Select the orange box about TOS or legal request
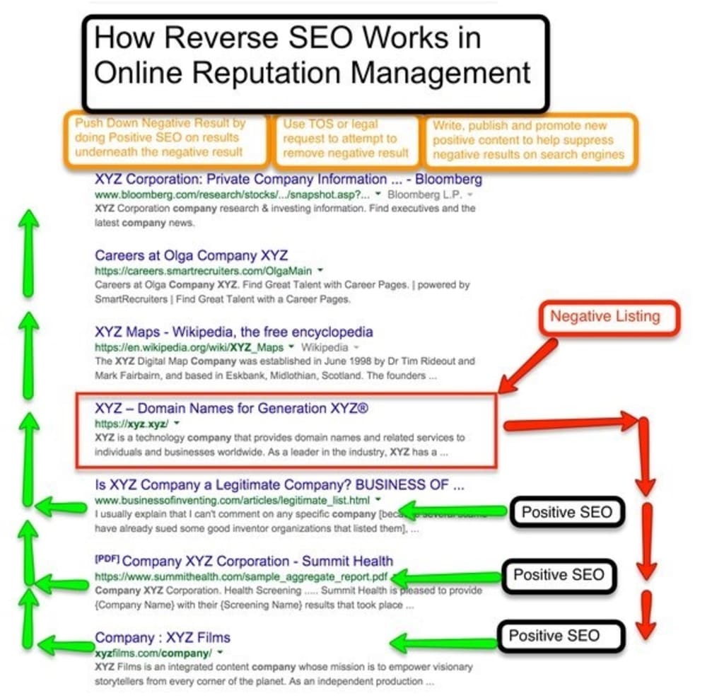click(346, 139)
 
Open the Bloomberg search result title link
click(288, 179)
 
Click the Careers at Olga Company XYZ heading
click(191, 255)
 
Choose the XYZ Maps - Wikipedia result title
click(233, 332)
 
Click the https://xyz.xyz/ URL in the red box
click(131, 424)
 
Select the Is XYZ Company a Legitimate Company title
click(279, 485)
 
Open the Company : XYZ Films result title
click(163, 637)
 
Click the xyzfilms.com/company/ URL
click(153, 651)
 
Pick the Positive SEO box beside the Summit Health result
click(559, 575)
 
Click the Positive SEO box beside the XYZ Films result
click(554, 635)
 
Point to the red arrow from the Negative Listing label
click(527, 365)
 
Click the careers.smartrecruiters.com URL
click(204, 270)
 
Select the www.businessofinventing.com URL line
click(233, 500)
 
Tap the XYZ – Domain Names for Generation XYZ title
click(232, 409)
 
